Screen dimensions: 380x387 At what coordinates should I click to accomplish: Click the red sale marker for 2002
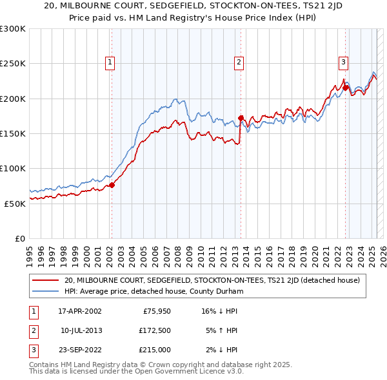tap(112, 185)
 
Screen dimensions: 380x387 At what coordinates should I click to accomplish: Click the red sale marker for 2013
tap(241, 118)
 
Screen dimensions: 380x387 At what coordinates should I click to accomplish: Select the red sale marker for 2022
tap(346, 88)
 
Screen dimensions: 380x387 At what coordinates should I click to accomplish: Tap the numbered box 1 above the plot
tap(111, 62)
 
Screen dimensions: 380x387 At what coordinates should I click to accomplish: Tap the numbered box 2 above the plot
tap(239, 62)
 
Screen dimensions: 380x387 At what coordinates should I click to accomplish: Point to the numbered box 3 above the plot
tap(344, 62)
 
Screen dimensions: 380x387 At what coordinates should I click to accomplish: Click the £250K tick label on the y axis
tap(13, 64)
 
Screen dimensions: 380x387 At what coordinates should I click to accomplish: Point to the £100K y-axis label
tap(13, 168)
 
